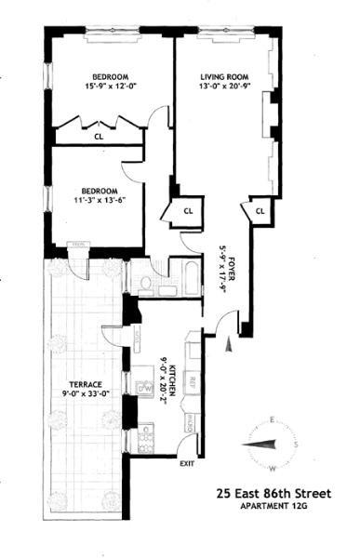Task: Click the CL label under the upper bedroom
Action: [x=98, y=137]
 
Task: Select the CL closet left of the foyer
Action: [x=188, y=211]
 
